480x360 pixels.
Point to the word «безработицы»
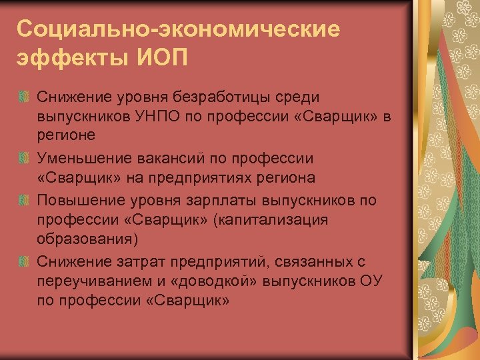(209, 99)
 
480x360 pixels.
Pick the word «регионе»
(67, 135)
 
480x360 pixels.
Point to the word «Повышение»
(79, 201)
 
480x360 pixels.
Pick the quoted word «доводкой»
(203, 280)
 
